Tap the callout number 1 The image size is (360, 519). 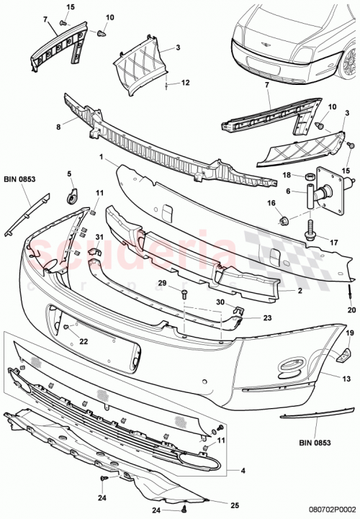(x=102, y=157)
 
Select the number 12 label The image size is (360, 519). (x=185, y=83)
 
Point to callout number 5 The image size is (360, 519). (x=70, y=173)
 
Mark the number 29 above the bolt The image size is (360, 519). (x=163, y=283)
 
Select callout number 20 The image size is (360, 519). (x=351, y=311)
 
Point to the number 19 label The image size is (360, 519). (x=348, y=333)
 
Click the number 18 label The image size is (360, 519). (x=285, y=175)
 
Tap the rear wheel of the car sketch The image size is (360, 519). (x=349, y=63)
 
